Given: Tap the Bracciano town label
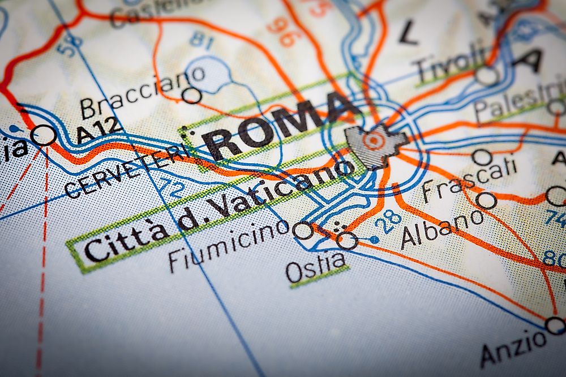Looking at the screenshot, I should (x=141, y=91).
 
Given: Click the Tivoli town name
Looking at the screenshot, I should (x=450, y=63).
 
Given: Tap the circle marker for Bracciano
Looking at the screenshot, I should (x=192, y=94).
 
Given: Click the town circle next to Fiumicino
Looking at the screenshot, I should (x=303, y=230).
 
